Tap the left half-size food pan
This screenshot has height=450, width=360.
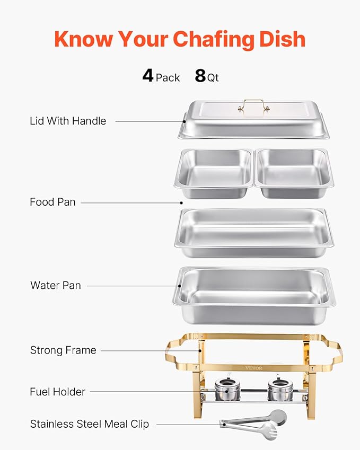point(214,173)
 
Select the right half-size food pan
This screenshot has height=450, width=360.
point(294,173)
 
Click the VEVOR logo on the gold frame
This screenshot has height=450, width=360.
point(254,368)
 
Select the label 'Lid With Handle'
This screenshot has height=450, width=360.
point(68,121)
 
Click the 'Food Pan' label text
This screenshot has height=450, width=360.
point(52,202)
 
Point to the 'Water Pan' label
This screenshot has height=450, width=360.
point(56,285)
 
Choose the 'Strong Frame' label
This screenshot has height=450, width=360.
point(63,350)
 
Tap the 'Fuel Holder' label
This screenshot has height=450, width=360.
point(58,392)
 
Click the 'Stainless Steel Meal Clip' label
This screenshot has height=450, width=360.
point(90,424)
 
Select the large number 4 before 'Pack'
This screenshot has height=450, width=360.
point(148,76)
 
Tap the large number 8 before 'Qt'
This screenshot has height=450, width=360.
point(200,76)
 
